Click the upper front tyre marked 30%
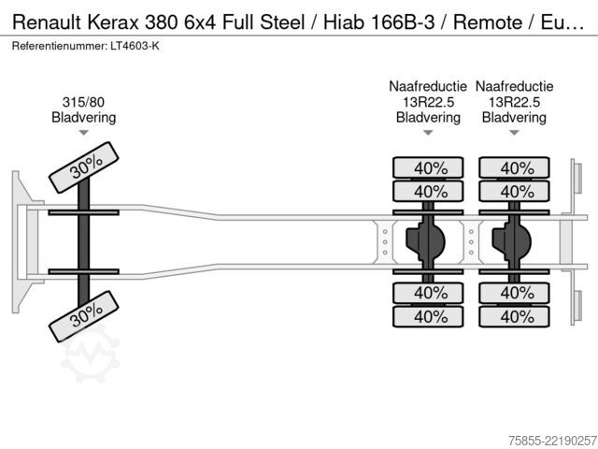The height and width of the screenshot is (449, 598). (x=84, y=167)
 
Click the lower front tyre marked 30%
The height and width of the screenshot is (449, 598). (x=84, y=316)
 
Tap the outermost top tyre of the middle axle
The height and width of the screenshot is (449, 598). (x=428, y=167)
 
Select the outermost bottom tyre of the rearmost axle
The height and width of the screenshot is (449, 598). (x=514, y=316)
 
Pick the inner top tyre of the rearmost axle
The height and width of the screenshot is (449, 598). (x=514, y=191)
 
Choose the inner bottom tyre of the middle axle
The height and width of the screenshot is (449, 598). (x=428, y=293)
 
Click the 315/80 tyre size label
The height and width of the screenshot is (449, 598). (x=83, y=102)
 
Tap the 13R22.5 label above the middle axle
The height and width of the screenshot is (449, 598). (x=428, y=102)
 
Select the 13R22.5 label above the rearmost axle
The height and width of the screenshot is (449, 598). (x=514, y=102)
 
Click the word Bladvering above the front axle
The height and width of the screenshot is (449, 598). (x=83, y=117)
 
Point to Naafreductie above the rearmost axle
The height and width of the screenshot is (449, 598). (x=514, y=86)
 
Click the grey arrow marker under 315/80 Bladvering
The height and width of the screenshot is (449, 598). (x=83, y=133)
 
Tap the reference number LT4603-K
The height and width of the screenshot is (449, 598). (x=135, y=46)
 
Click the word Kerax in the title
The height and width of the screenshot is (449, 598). (x=113, y=22)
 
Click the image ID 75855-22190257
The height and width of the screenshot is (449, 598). (x=552, y=441)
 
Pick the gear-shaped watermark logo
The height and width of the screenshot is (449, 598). (x=91, y=354)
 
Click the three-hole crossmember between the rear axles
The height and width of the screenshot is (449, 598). (x=471, y=242)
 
